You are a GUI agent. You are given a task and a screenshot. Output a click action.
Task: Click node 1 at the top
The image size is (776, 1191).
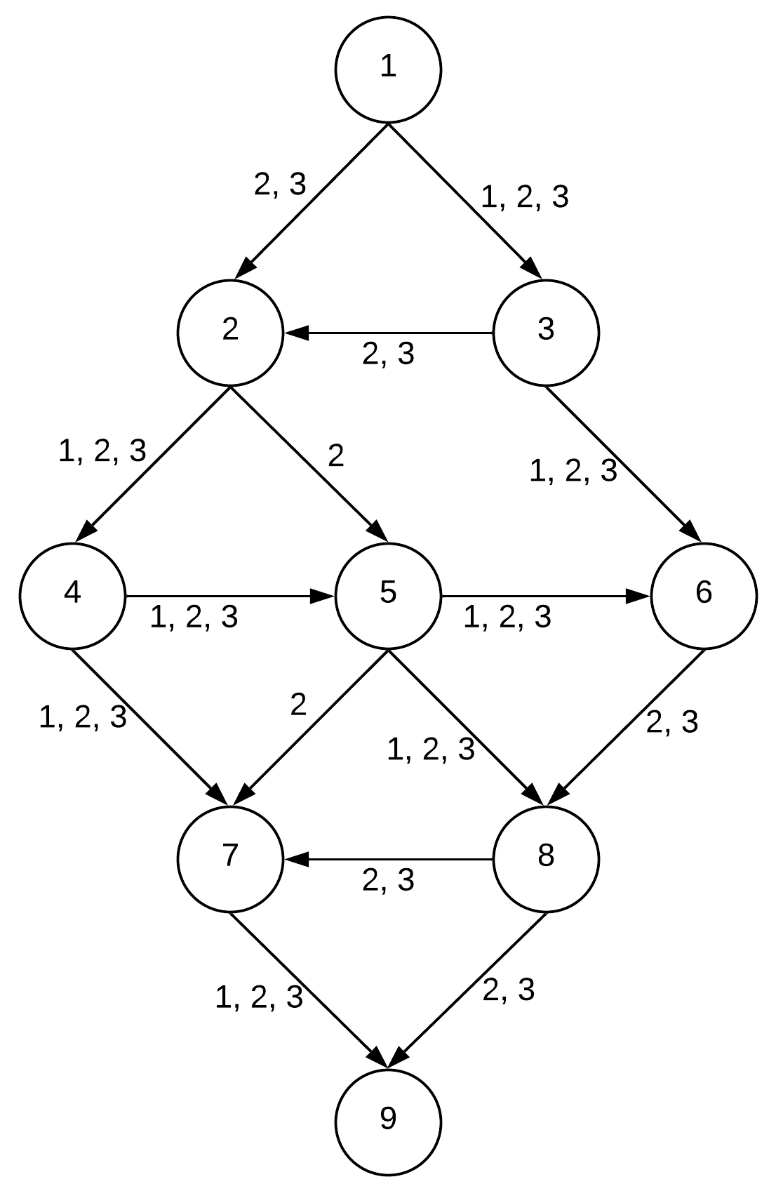(388, 69)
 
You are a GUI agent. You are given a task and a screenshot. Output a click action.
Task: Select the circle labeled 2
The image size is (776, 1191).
(230, 332)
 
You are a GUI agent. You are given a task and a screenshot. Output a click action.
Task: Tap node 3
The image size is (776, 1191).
(546, 332)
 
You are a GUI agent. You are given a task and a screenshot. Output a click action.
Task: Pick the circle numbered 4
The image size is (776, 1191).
(72, 595)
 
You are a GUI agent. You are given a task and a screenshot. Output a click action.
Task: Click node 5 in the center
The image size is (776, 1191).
(388, 595)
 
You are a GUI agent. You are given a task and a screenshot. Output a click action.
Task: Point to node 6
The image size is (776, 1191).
(704, 595)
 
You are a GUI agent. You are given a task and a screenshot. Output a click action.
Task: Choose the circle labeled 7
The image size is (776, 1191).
(230, 858)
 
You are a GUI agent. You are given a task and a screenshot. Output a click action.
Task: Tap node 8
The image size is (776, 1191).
(546, 858)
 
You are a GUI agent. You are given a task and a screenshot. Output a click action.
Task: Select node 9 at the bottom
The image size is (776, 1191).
(388, 1121)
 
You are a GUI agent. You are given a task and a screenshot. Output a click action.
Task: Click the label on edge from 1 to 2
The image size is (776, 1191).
(280, 185)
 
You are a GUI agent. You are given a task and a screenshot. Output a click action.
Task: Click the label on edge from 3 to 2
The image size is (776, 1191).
(388, 354)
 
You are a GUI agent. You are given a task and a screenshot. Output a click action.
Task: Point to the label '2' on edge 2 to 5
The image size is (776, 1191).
(336, 457)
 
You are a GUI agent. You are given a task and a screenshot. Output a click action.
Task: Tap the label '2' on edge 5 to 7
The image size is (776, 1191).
(299, 705)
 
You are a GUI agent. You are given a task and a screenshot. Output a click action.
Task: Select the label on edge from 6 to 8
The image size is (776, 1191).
(671, 723)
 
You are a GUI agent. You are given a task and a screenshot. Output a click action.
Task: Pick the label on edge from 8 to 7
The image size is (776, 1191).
(388, 880)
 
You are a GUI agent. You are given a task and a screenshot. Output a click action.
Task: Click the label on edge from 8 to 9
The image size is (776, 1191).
(509, 990)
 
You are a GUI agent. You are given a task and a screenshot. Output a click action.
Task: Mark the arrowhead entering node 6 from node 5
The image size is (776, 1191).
(638, 596)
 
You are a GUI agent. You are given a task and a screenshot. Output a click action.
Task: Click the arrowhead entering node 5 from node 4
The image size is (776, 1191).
(323, 596)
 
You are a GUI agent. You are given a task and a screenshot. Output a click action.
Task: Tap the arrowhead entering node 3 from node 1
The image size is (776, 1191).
(531, 270)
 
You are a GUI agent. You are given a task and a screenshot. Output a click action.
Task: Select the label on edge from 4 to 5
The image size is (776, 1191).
(194, 618)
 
